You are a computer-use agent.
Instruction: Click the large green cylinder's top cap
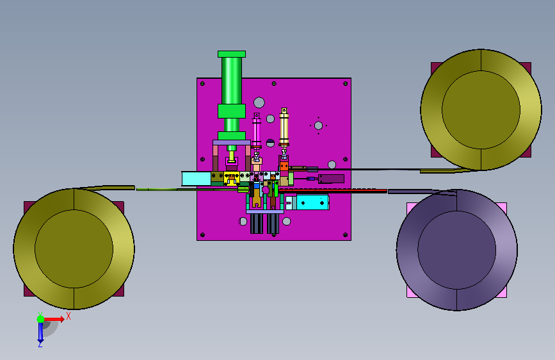tap(232, 54)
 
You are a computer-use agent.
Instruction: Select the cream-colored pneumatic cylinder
tap(284, 127)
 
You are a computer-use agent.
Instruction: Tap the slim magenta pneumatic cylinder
tap(256, 130)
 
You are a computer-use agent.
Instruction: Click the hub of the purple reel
tap(456, 249)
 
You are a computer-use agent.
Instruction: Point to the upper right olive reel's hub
tap(481, 110)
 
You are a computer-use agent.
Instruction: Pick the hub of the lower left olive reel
tap(74, 249)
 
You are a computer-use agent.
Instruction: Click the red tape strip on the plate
tap(333, 191)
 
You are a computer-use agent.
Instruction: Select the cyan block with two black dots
tap(312, 202)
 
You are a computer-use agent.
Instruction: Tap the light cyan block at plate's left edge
tap(197, 179)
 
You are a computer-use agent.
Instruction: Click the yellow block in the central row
tap(232, 179)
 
